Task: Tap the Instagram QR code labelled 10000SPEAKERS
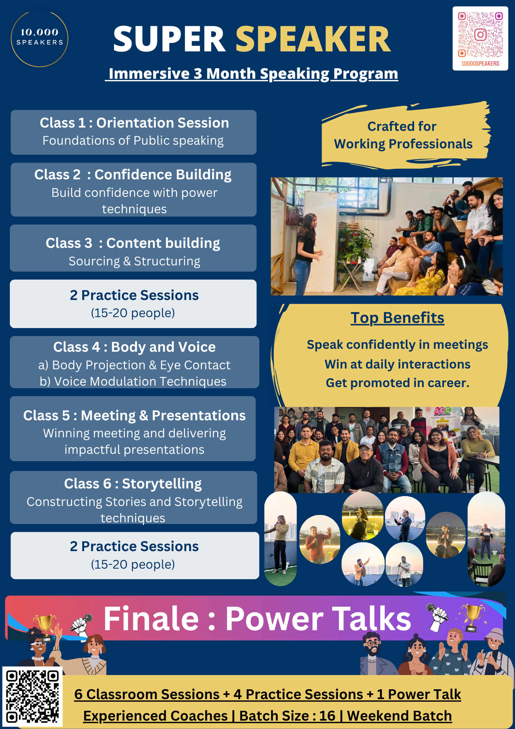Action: coord(480,38)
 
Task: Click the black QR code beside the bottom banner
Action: coord(32,696)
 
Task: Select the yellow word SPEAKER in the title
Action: coord(313,39)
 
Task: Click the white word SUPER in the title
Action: coord(170,39)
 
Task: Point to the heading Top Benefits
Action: coord(397,318)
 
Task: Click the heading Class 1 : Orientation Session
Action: coord(134,123)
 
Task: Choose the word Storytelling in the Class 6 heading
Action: coord(162,484)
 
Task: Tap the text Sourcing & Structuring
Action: coord(134,261)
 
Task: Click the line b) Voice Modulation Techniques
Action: coord(133,381)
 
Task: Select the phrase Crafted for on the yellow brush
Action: coord(402,126)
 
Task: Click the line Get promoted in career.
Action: coord(397,383)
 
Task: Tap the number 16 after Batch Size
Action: coord(327,716)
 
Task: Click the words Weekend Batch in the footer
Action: coord(399,716)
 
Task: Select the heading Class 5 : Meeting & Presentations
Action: coord(134,416)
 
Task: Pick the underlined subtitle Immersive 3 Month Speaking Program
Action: coord(252,74)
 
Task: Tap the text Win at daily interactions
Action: coord(397,364)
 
